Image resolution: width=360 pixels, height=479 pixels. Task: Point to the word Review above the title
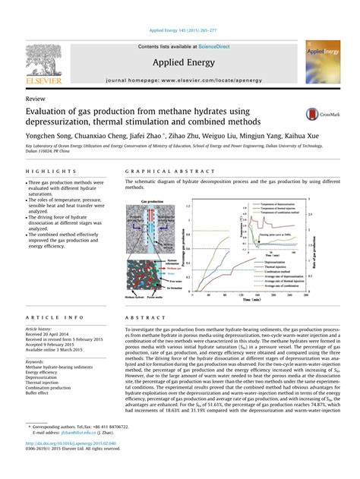click(34, 100)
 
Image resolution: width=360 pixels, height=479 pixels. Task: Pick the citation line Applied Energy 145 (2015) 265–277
click(180, 30)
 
